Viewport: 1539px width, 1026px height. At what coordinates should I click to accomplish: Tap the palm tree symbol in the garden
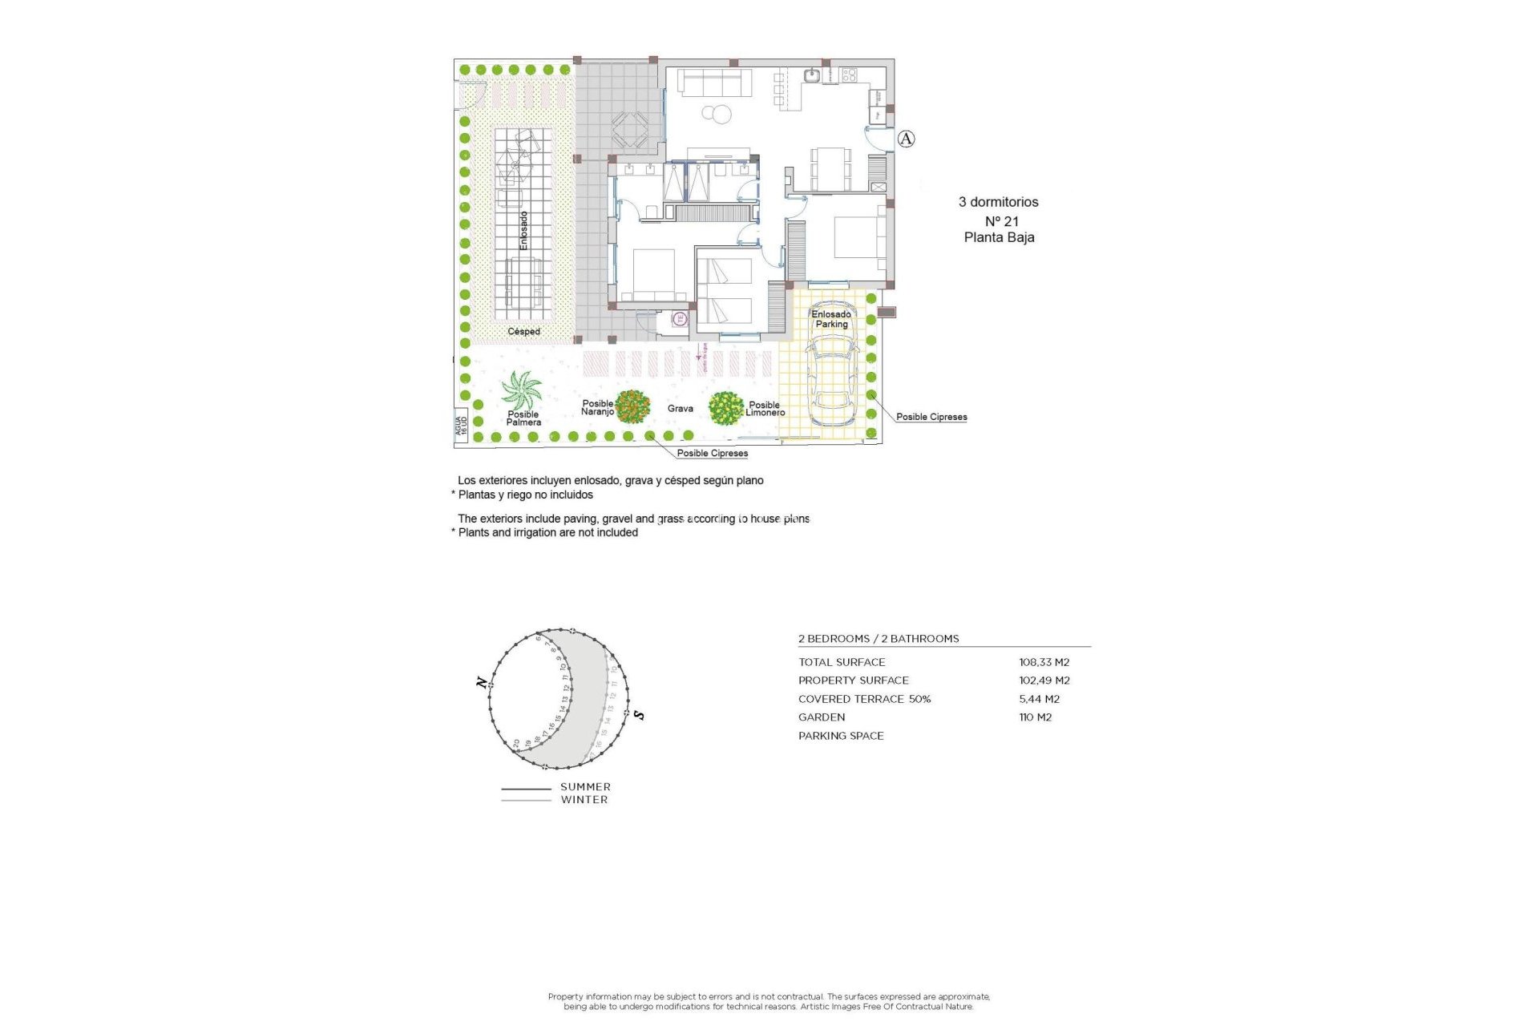pyautogui.click(x=521, y=390)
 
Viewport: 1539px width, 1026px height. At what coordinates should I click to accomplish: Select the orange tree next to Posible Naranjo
pyautogui.click(x=632, y=406)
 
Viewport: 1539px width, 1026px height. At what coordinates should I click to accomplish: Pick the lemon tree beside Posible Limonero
pyautogui.click(x=726, y=408)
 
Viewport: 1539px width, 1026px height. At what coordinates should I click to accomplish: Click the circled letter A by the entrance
pyautogui.click(x=906, y=139)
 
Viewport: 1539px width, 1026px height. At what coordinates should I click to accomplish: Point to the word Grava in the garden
pyautogui.click(x=680, y=409)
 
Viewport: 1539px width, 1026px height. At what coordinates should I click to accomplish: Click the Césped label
pyautogui.click(x=523, y=331)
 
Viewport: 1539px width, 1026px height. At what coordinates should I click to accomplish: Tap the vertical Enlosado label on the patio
pyautogui.click(x=523, y=231)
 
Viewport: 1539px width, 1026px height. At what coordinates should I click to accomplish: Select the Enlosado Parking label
pyautogui.click(x=831, y=319)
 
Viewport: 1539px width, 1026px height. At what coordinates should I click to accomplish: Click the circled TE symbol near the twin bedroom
pyautogui.click(x=680, y=318)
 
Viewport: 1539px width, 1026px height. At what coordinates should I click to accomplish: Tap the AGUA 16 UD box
pyautogui.click(x=461, y=425)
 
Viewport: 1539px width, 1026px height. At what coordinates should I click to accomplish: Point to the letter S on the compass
pyautogui.click(x=639, y=714)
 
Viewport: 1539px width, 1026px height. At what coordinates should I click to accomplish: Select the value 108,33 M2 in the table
pyautogui.click(x=1044, y=662)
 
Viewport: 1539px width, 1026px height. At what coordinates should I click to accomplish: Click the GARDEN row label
pyautogui.click(x=821, y=717)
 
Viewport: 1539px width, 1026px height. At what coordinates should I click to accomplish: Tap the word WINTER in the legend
pyautogui.click(x=584, y=800)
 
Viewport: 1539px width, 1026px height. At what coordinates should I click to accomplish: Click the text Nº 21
pyautogui.click(x=1001, y=221)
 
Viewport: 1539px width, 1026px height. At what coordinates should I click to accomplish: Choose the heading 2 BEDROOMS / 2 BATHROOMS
pyautogui.click(x=879, y=639)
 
